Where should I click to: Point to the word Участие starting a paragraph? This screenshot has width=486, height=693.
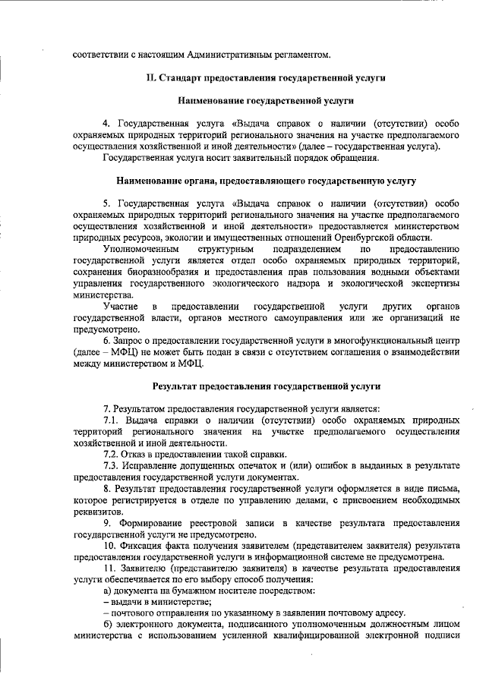(121, 306)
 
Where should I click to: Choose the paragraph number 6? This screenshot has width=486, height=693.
(106, 341)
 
